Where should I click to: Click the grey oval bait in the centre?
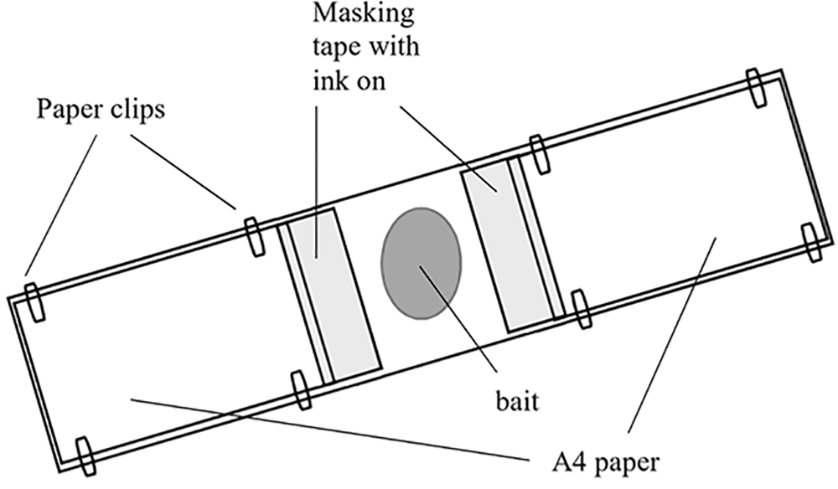tap(421, 262)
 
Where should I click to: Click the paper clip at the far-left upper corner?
tap(34, 300)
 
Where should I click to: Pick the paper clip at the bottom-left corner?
tap(85, 452)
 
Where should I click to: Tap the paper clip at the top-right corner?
tap(755, 86)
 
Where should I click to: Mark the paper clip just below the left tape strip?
tap(301, 389)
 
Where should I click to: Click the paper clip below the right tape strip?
tap(580, 308)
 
